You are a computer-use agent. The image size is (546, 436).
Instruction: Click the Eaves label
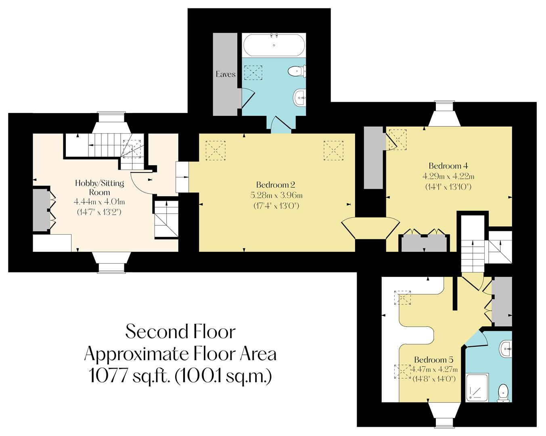(225, 74)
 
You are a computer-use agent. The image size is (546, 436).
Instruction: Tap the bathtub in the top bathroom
(274, 45)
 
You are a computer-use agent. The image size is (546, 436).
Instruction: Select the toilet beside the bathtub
(297, 72)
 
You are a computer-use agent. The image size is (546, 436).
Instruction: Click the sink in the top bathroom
(299, 96)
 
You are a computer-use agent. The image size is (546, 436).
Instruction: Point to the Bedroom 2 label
(276, 185)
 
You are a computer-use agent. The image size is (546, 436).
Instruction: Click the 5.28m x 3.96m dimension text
(276, 195)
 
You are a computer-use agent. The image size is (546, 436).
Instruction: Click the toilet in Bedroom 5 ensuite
(503, 393)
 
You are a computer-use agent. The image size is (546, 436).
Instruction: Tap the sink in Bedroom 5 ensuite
(505, 348)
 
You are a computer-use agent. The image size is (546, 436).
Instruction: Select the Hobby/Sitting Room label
(100, 187)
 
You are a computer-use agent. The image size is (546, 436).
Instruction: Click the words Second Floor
(180, 332)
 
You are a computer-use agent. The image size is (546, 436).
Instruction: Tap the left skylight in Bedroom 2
(215, 151)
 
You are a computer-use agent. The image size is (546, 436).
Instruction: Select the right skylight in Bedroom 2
(333, 151)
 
